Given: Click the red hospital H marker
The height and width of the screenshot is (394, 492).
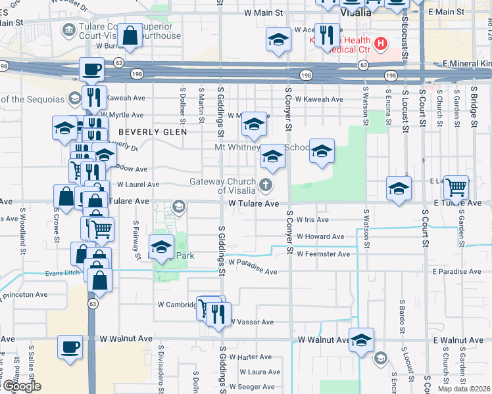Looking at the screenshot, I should pyautogui.click(x=380, y=44).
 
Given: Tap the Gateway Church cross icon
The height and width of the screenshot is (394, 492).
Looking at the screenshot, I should pyautogui.click(x=266, y=185).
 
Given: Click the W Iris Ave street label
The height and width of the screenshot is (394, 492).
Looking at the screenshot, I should pyautogui.click(x=312, y=219).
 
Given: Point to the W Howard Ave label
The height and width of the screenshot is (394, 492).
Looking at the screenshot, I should pyautogui.click(x=320, y=236).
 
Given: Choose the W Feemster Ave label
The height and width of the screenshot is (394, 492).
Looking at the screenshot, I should pyautogui.click(x=323, y=253).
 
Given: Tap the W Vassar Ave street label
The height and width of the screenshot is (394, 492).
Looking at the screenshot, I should pyautogui.click(x=251, y=322).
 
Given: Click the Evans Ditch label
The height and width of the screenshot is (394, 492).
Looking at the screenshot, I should pyautogui.click(x=63, y=273).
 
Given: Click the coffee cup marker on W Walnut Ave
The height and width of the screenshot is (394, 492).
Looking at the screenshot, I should pyautogui.click(x=70, y=347).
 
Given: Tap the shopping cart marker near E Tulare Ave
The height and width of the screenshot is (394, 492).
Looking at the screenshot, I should pyautogui.click(x=456, y=187).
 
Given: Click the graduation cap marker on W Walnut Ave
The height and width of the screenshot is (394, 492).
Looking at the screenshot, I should pyautogui.click(x=361, y=339).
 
